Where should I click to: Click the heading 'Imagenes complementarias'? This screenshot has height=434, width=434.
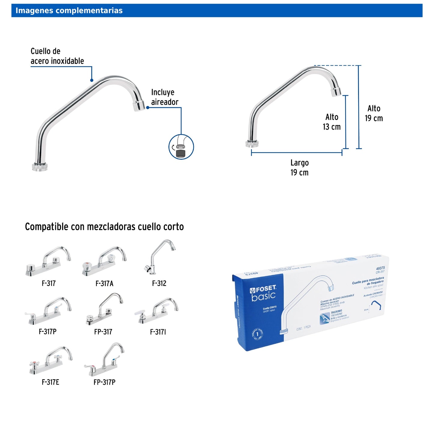[69, 11]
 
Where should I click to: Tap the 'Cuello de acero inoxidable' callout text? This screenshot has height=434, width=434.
[57, 56]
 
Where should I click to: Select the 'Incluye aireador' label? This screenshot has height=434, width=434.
[165, 97]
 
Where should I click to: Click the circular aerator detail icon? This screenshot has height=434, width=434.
[181, 147]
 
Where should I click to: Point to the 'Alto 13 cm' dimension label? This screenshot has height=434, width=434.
[332, 122]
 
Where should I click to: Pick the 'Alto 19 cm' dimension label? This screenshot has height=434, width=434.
[374, 113]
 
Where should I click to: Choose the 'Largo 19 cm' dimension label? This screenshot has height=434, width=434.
[299, 167]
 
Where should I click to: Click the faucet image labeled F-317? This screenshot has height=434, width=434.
[48, 261]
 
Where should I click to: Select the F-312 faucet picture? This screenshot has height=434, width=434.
[160, 257]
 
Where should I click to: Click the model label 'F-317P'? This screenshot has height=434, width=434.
[47, 332]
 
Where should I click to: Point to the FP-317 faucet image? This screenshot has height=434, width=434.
[104, 309]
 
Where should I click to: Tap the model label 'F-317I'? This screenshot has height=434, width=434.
[158, 332]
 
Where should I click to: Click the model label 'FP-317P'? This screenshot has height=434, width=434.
[105, 382]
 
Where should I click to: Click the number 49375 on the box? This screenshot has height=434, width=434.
[380, 268]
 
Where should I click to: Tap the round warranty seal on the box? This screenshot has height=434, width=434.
[257, 334]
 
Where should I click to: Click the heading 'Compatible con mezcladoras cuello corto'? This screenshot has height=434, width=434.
[104, 227]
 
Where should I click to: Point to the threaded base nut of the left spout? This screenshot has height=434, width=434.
[40, 167]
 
